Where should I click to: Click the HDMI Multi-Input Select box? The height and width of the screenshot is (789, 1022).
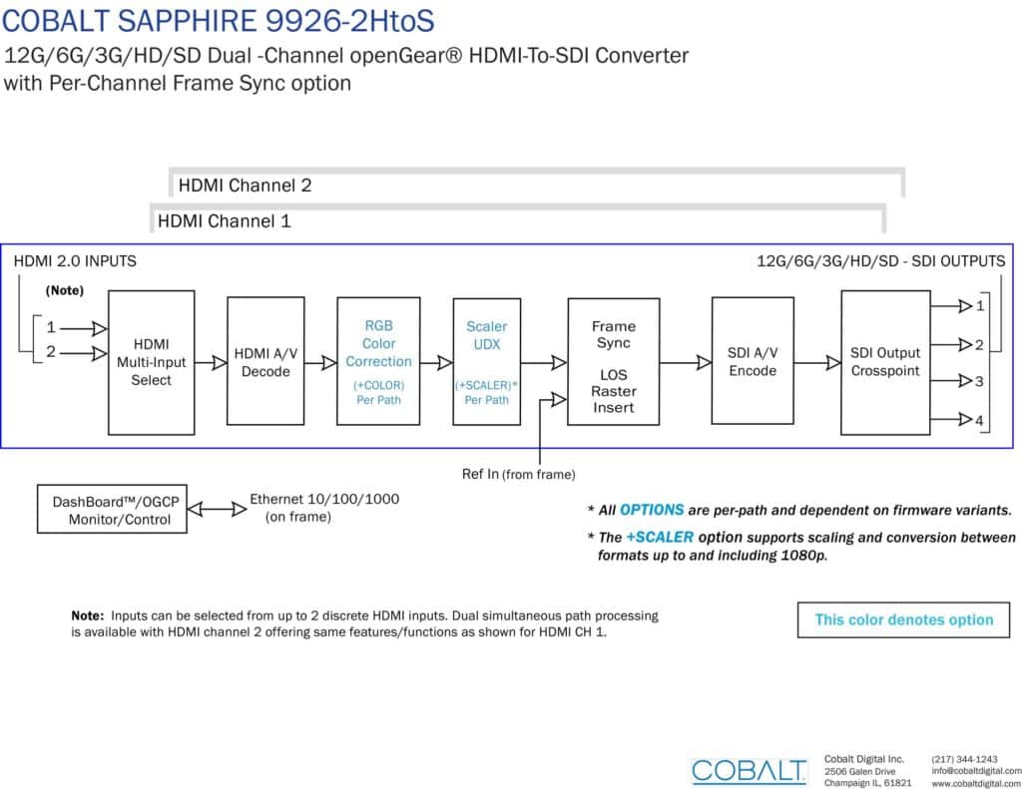(x=152, y=362)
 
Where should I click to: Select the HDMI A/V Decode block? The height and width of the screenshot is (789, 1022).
(x=265, y=362)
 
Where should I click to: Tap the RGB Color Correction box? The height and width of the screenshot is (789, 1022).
(x=378, y=362)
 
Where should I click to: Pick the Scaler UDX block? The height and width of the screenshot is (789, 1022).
(x=487, y=362)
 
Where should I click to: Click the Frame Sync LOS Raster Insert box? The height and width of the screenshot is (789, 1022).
(x=614, y=362)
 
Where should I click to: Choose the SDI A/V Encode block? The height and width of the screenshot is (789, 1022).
(x=753, y=361)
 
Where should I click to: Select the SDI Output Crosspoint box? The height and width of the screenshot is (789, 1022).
(x=885, y=362)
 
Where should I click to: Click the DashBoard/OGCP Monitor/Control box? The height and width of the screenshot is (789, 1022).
(x=112, y=509)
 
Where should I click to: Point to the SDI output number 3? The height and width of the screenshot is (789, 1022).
(x=979, y=382)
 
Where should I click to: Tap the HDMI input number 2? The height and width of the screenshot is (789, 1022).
(x=51, y=352)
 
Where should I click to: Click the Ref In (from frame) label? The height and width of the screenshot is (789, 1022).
(x=519, y=475)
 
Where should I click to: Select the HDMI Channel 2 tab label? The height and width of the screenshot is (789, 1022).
(x=246, y=186)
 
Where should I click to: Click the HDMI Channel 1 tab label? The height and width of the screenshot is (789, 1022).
(x=225, y=221)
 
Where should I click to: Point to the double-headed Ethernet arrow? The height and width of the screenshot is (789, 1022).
(x=217, y=509)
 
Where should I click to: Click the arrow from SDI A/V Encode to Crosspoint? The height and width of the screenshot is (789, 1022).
(x=817, y=363)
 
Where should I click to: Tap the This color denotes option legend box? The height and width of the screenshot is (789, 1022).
(x=903, y=619)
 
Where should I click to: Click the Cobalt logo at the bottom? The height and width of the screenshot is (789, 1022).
(x=749, y=771)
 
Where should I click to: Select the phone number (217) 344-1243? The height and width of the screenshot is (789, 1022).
(x=965, y=759)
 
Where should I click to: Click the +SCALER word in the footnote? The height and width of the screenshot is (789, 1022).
(x=660, y=538)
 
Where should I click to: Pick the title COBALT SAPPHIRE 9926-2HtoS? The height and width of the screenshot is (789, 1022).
(x=218, y=20)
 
